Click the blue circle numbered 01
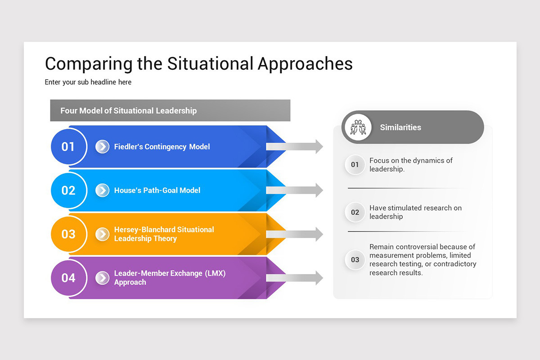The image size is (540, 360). (x=68, y=147)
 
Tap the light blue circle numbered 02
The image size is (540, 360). (x=68, y=190)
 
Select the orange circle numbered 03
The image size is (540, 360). (x=68, y=234)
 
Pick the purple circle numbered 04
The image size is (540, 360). (x=68, y=278)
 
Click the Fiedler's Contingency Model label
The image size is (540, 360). (x=162, y=147)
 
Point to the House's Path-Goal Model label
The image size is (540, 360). (x=157, y=190)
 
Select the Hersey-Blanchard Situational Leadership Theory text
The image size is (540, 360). (x=164, y=234)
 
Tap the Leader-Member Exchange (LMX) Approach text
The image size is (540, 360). (x=170, y=278)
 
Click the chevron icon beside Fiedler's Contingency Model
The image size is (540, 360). (x=103, y=147)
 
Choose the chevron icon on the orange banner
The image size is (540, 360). (x=103, y=234)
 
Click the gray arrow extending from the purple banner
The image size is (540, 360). (x=294, y=278)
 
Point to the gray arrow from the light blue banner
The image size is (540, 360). (x=294, y=190)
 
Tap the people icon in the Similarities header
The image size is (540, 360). (x=358, y=127)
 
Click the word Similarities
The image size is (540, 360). (x=400, y=127)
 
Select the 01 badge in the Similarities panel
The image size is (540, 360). (x=355, y=165)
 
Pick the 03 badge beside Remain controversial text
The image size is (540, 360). (x=355, y=260)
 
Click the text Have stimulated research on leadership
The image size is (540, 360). (x=415, y=212)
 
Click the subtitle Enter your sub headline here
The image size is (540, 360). (x=88, y=82)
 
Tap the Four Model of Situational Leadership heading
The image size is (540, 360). (x=129, y=111)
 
